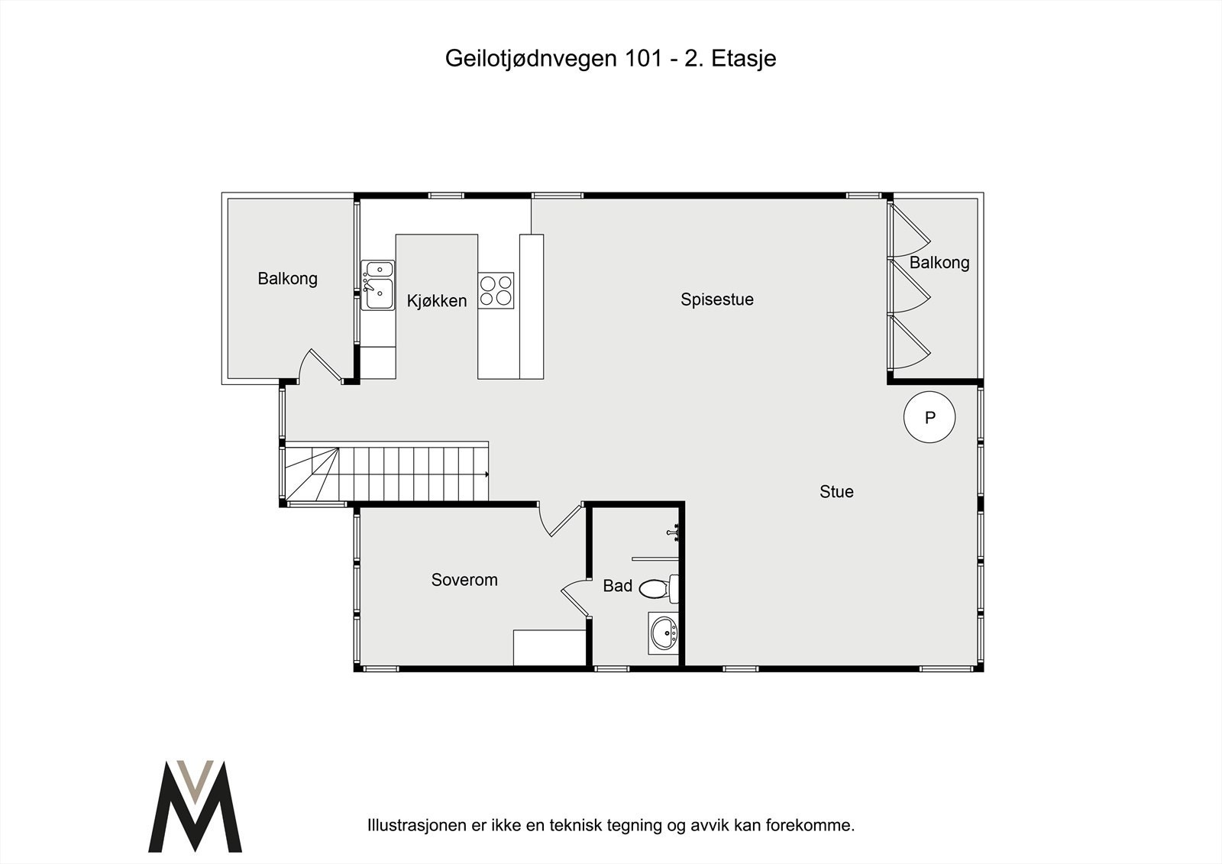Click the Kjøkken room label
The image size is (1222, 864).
436,301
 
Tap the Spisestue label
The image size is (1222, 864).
716,299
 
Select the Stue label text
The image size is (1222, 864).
836,492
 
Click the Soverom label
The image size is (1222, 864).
464,580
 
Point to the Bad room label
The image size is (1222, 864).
617,586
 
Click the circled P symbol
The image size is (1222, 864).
929,418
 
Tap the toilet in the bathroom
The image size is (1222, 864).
658,588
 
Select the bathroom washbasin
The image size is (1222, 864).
663,633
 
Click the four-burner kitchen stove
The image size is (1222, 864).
496,290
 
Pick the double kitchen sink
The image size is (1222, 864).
377,285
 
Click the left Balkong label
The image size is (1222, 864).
287,279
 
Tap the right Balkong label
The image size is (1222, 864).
939,263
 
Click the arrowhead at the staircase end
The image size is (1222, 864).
486,474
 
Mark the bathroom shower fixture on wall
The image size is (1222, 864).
674,532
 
